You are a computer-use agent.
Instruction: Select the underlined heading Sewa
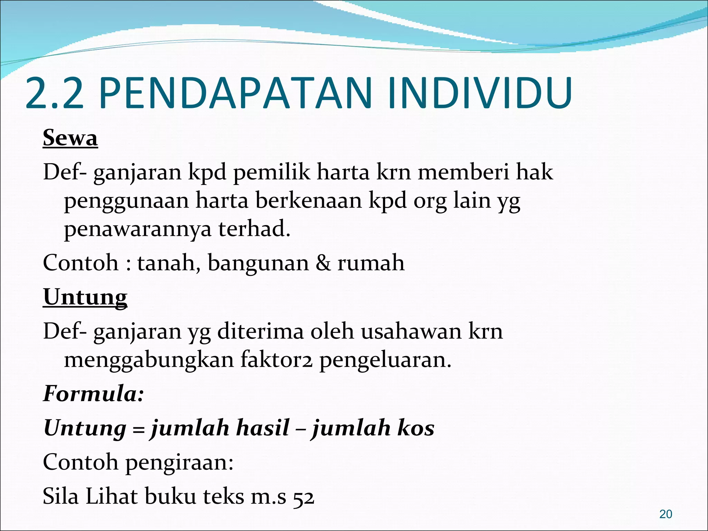(x=70, y=138)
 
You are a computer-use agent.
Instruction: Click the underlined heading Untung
(x=85, y=297)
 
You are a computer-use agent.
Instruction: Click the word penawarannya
(x=137, y=229)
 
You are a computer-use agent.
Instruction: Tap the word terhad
(x=254, y=229)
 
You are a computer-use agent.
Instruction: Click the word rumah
(x=371, y=263)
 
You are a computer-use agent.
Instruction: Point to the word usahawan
(x=411, y=331)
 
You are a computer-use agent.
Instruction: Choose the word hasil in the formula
(x=262, y=428)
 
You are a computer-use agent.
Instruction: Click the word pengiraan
(x=179, y=463)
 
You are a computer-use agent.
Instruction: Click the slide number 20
(x=665, y=514)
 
